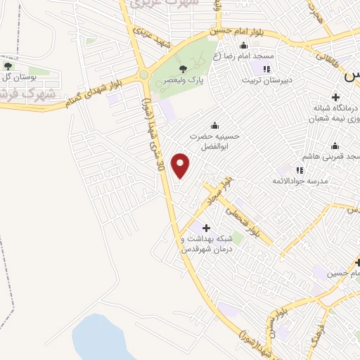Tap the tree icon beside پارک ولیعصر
coord(184,67)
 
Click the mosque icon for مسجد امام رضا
coord(244,46)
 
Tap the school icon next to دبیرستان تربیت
coord(266,69)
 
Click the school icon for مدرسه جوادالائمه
coord(300,169)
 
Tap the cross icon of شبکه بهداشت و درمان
coord(205,228)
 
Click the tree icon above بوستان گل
coord(8,65)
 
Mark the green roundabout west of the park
coord(143,75)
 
